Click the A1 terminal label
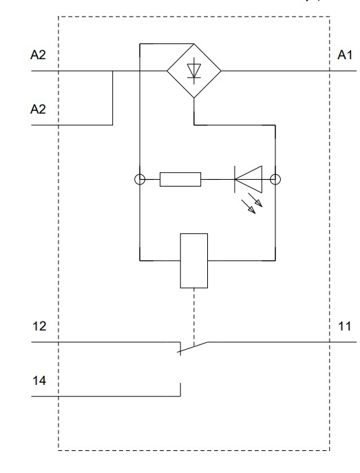coord(345,54)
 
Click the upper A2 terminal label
coord(39,54)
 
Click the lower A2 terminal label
coord(39,109)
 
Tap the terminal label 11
coord(345,326)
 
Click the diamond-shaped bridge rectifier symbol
coord(195,70)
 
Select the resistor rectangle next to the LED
coord(180,180)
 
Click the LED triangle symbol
coord(248,180)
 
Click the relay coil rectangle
coord(193,260)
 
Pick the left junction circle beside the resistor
coord(139,180)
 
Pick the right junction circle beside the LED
coord(275,180)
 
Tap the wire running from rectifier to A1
coord(275,70)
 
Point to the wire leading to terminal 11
coord(275,341)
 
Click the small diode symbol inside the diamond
coord(195,70)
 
